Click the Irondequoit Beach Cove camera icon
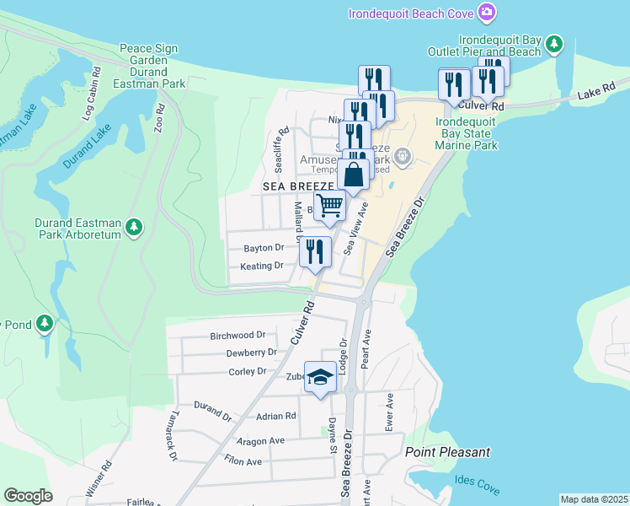point(486,12)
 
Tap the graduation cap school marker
point(320,379)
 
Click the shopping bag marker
point(355,174)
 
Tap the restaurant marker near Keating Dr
point(315,251)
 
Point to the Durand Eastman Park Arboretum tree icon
point(133,226)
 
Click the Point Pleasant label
point(447,452)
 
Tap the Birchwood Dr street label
point(238,335)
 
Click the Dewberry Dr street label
point(251,353)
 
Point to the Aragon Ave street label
point(260,441)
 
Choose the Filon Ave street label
point(243,461)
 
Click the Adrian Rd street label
point(276,416)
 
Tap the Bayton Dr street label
point(264,248)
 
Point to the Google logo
point(28,496)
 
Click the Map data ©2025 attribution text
point(594,499)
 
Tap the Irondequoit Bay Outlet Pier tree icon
point(553,44)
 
